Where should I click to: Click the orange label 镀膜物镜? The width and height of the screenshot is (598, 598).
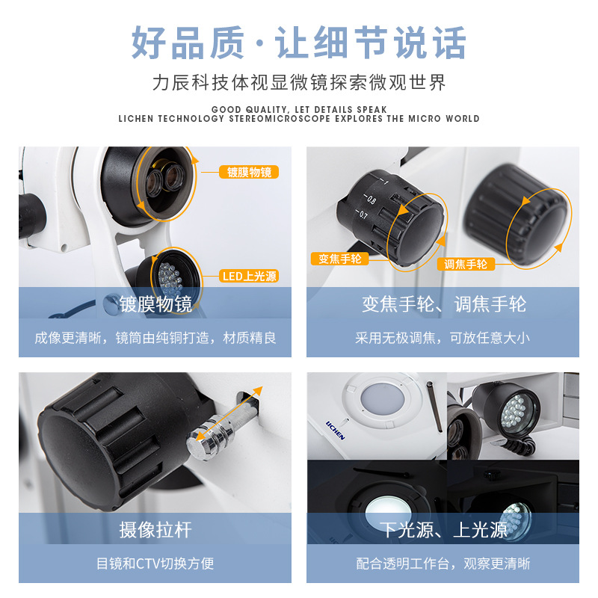(250, 172)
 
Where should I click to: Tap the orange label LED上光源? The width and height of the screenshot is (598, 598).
(250, 276)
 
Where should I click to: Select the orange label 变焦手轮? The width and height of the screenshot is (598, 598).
(339, 259)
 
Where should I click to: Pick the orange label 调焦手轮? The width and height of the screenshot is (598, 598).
(465, 263)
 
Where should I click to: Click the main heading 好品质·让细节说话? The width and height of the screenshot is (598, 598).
(299, 43)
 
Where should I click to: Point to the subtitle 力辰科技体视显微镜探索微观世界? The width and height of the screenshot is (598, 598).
(299, 82)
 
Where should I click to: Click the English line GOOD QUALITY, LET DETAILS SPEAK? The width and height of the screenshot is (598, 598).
(299, 109)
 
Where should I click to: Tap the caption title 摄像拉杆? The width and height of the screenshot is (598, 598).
(155, 530)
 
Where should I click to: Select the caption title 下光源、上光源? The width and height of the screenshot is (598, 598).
(443, 530)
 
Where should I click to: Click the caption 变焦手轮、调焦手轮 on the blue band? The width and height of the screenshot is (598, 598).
(443, 304)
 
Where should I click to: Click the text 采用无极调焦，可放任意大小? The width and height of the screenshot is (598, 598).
(443, 338)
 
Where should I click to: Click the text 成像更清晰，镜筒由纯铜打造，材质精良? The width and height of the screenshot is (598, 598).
(155, 338)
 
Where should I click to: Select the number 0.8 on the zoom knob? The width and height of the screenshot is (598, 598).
(371, 199)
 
